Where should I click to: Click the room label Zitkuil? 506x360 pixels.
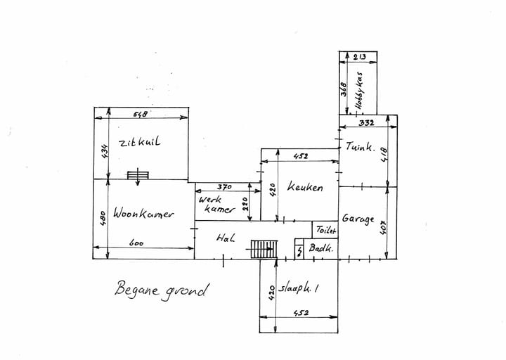tap(139, 143)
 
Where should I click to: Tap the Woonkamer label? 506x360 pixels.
tap(143, 214)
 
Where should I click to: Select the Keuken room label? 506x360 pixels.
tap(305, 187)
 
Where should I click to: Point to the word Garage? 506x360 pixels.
tap(358, 219)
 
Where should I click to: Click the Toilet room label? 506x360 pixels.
tap(326, 230)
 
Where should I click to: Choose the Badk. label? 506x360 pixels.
tap(320, 248)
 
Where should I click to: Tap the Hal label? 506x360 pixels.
tap(226, 238)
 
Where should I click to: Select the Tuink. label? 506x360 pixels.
tap(361, 146)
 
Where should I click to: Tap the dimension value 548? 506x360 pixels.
tap(141, 114)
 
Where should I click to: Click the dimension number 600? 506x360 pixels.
tap(136, 243)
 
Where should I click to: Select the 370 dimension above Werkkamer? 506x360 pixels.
tap(224, 186)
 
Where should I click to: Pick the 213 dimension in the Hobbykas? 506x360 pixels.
tap(359, 57)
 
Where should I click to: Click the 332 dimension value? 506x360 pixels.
tap(366, 122)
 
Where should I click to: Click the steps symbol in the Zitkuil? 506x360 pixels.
tap(138, 175)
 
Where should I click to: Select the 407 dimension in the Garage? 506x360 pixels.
tap(384, 227)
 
